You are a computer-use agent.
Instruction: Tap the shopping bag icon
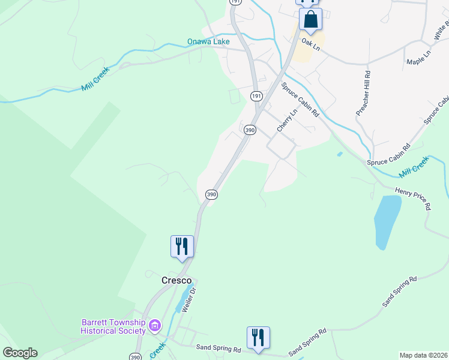tap(310, 19)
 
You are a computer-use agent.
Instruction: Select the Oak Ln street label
tap(312, 45)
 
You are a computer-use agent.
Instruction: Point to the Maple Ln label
tap(418, 59)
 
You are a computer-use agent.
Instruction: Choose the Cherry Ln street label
tap(287, 121)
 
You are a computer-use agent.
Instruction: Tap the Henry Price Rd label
tap(413, 198)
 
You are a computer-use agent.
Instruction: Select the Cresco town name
tap(176, 280)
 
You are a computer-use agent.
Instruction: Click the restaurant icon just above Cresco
tap(182, 247)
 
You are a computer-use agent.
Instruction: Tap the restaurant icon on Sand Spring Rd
tap(258, 337)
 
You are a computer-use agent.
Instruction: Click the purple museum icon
tap(155, 326)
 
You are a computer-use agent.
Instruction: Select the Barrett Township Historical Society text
tap(113, 326)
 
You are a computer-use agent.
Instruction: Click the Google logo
tap(20, 353)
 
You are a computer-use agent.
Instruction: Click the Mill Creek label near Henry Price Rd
tap(414, 166)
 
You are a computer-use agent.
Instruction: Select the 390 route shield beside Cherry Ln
tap(250, 130)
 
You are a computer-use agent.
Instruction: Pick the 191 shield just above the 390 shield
tap(256, 97)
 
